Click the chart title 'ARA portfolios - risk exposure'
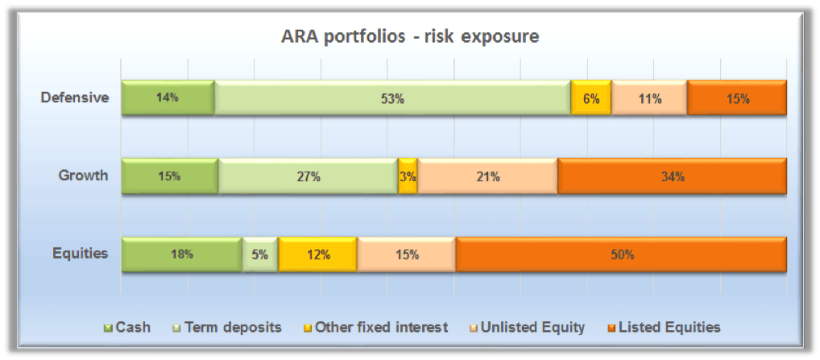click(410, 38)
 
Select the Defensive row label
click(75, 97)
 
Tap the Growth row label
click(83, 176)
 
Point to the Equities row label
click(80, 254)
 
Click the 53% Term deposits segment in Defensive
click(393, 97)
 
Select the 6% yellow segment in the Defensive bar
click(591, 97)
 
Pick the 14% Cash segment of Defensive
click(168, 97)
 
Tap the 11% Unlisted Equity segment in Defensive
click(649, 97)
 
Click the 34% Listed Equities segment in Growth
click(672, 176)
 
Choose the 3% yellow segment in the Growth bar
click(408, 176)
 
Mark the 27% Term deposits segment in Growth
click(308, 176)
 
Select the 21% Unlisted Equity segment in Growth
click(487, 176)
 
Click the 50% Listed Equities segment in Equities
click(621, 254)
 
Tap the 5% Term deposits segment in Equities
click(260, 254)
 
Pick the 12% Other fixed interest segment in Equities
click(317, 254)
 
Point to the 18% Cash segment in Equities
click(181, 254)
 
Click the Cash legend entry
click(127, 328)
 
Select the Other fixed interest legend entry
click(376, 328)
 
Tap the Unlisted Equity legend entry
click(528, 328)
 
